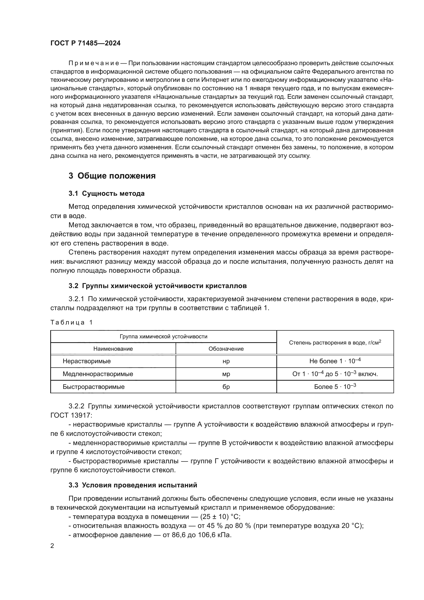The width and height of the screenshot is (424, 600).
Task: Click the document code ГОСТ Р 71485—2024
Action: pos(85,43)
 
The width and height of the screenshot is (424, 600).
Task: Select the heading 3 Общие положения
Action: pos(112,176)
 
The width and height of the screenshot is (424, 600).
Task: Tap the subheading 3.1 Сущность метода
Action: pos(107,194)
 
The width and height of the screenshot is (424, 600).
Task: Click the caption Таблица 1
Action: pos(72,322)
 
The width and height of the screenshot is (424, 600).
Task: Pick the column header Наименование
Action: pos(113,349)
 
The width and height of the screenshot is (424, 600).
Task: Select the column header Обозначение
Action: pos(226,349)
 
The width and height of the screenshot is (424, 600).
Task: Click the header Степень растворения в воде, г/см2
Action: pos(335,342)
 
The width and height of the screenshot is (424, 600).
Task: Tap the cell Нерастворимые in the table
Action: pos(87,361)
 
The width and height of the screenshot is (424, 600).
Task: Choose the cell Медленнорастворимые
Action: pos(98,374)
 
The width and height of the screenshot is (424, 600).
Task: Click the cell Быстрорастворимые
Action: pos(94,387)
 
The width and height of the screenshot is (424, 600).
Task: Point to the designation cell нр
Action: pos(226,361)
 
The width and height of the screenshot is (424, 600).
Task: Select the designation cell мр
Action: pos(226,374)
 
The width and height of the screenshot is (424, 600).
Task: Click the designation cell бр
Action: pos(226,387)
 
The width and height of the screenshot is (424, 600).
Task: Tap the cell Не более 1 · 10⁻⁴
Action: pos(335,361)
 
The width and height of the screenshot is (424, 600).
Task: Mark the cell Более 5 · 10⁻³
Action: pos(335,387)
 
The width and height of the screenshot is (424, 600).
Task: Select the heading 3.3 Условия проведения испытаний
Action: pos(133,485)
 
